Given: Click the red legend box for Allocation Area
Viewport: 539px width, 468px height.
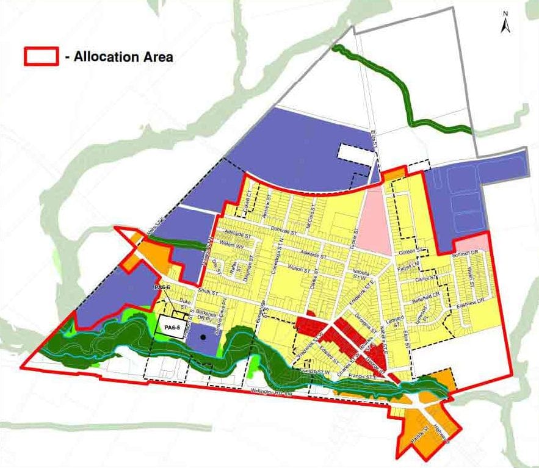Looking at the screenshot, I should click(x=40, y=57).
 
